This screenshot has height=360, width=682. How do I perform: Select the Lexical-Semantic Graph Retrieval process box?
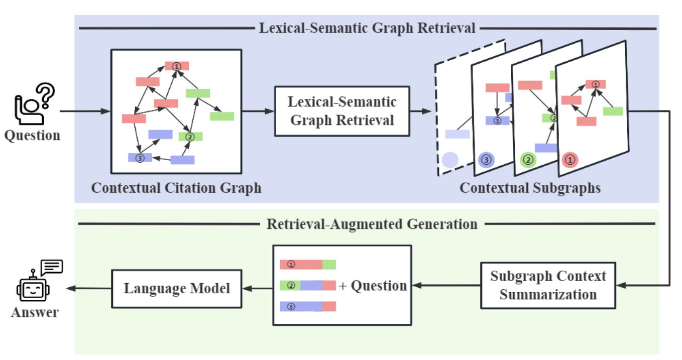point(342,111)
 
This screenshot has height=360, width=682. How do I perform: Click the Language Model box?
point(177,288)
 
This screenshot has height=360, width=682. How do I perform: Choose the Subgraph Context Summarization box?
point(548,285)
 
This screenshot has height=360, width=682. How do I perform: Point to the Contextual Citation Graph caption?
point(176,188)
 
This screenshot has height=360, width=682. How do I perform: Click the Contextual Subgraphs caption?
point(530,188)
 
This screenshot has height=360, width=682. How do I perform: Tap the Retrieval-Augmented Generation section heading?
point(372,224)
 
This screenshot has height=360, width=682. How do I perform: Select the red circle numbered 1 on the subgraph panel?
point(570,160)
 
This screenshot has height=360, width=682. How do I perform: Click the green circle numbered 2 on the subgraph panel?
point(528,160)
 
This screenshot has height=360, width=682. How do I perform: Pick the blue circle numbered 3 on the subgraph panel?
point(486,160)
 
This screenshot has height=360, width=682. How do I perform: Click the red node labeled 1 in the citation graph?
point(177,66)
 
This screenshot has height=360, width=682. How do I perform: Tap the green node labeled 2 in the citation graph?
point(190,137)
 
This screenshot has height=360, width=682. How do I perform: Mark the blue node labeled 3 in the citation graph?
point(140,158)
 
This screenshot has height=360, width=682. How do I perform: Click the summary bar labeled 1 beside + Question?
point(307,265)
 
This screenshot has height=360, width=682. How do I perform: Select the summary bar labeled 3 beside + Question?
point(307,306)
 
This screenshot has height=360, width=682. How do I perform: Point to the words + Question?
point(373,286)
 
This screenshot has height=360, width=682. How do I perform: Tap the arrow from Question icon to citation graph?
point(84,111)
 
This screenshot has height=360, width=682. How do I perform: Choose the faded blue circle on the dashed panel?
point(450,160)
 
